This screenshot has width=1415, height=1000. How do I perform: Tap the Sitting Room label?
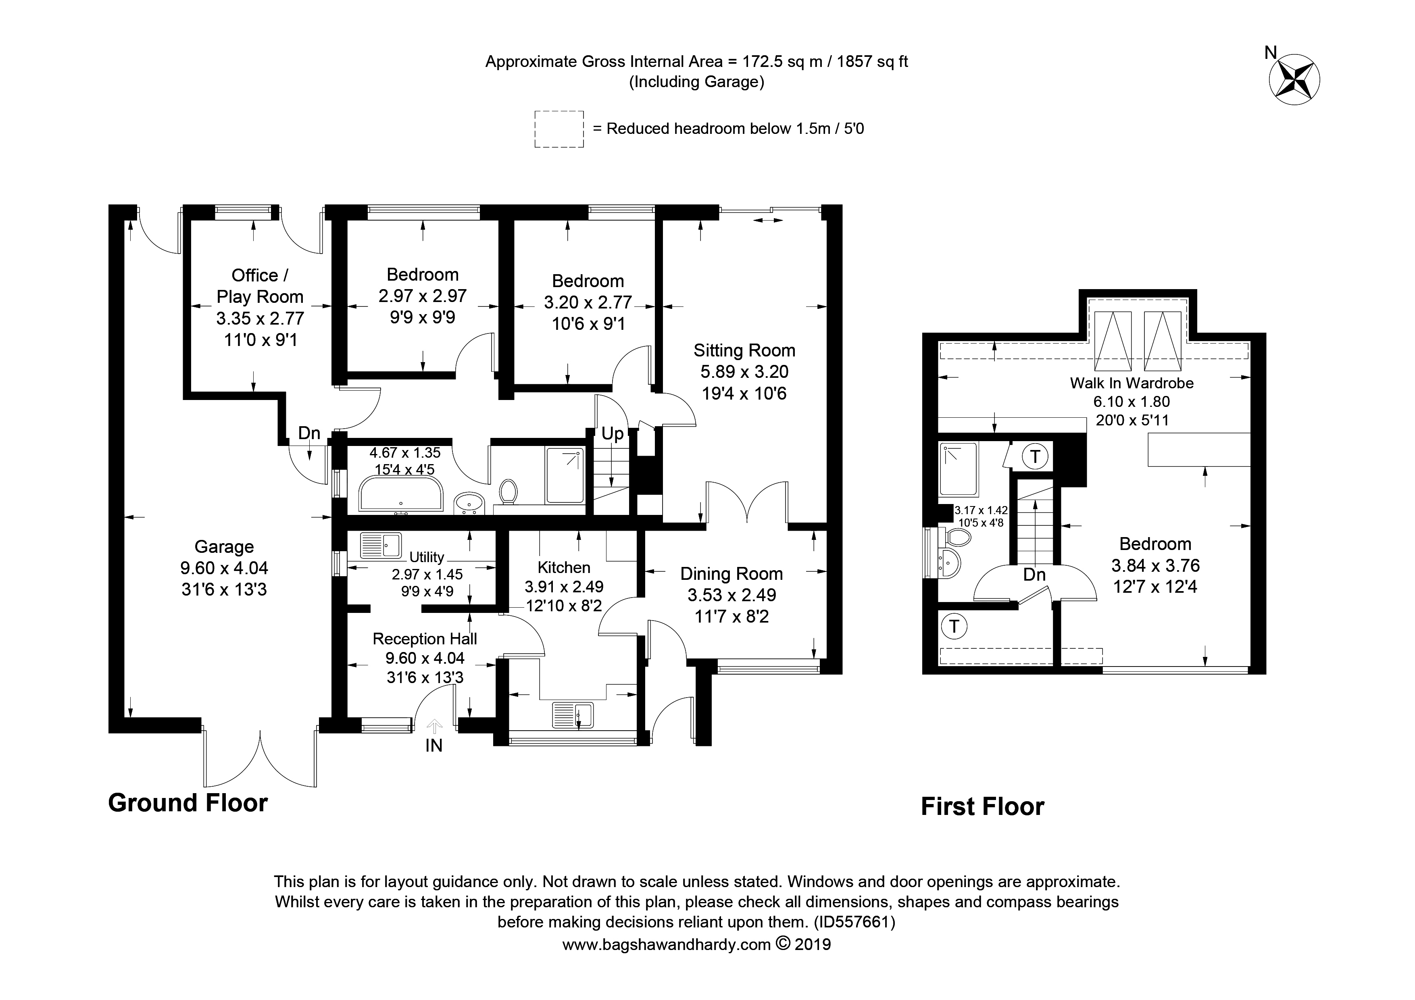(x=744, y=350)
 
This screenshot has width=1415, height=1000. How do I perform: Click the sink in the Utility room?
(x=380, y=545)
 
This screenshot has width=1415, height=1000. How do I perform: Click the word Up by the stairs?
(x=613, y=434)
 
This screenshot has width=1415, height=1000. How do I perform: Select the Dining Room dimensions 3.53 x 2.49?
(x=731, y=595)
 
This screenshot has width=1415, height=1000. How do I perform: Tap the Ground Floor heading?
(x=188, y=803)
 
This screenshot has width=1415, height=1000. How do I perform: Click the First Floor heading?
(x=982, y=806)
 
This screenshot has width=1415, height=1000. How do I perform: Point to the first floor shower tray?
(x=959, y=469)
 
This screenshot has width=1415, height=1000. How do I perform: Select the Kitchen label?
(x=564, y=567)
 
